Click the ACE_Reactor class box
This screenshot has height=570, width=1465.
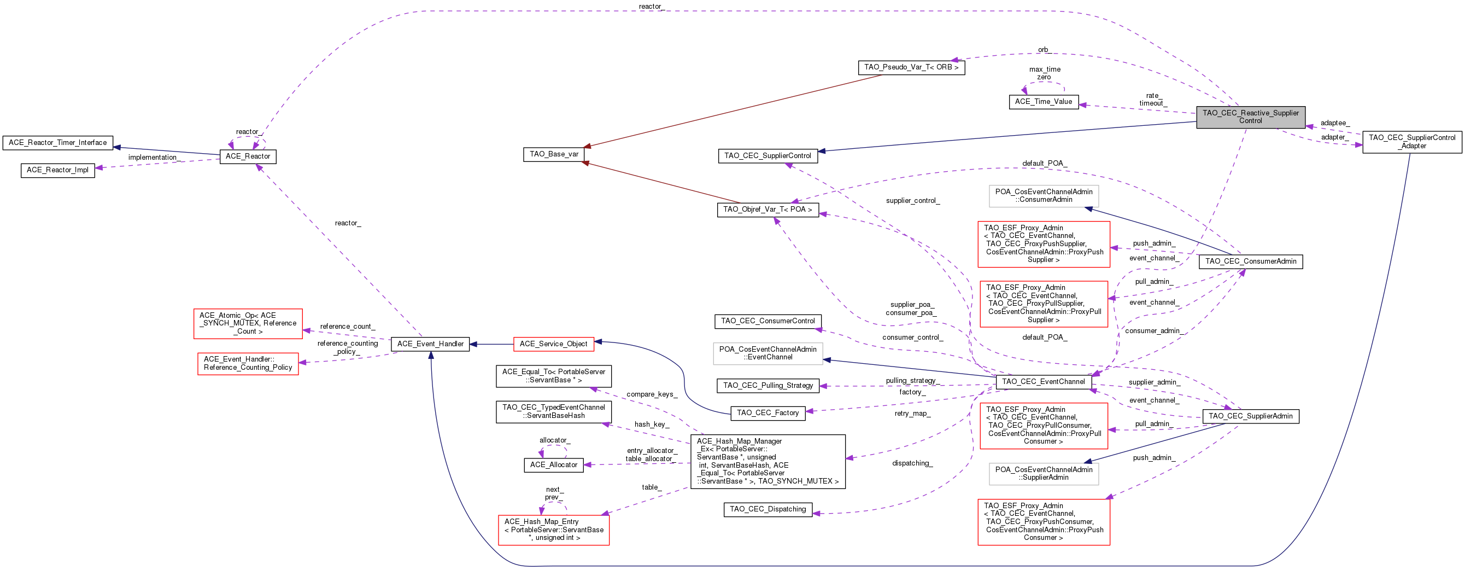click(248, 156)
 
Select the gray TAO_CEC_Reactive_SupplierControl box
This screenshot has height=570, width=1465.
click(1251, 117)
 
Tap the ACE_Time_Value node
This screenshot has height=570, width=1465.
click(1044, 102)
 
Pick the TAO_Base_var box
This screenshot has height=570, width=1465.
click(554, 154)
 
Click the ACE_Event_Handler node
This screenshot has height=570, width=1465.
click(430, 344)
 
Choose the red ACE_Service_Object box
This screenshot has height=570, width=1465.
click(553, 344)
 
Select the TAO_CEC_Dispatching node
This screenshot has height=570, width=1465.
click(768, 510)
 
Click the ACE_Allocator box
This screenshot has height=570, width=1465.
click(553, 466)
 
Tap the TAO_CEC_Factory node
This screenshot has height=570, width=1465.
click(768, 413)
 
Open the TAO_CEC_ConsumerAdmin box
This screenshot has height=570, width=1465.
click(1251, 261)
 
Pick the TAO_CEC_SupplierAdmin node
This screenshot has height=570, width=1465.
click(1251, 416)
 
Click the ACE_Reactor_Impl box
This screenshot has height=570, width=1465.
click(58, 170)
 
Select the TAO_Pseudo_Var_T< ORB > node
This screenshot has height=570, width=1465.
click(911, 68)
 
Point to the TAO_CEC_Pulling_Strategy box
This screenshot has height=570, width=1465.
click(768, 386)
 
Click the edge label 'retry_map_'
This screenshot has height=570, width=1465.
click(913, 414)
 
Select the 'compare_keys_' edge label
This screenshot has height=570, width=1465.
click(652, 394)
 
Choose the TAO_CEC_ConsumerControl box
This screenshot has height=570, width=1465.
click(768, 322)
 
